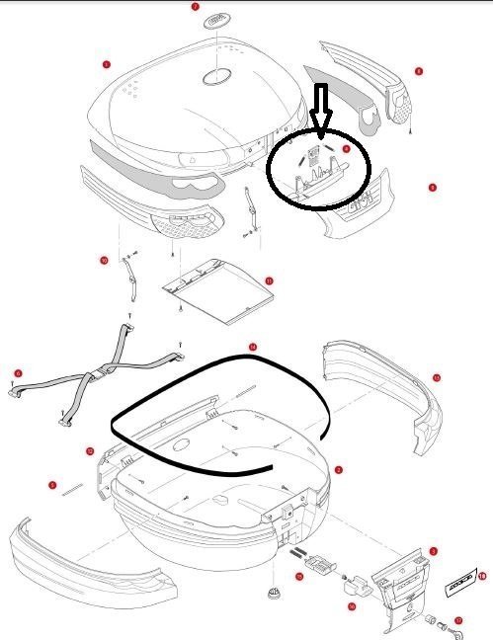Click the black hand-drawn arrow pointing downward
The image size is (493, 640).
click(321, 107)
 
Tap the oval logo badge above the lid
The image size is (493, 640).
click(214, 22)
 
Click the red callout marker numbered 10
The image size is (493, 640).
click(104, 261)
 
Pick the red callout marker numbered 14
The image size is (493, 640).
click(253, 347)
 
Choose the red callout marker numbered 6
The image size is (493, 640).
click(17, 373)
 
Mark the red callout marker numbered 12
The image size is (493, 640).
click(90, 451)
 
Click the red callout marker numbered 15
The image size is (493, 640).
click(299, 575)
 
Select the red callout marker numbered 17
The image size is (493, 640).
click(458, 620)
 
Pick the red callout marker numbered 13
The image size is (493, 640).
click(436, 377)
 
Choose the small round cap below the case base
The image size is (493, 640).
click(274, 594)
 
